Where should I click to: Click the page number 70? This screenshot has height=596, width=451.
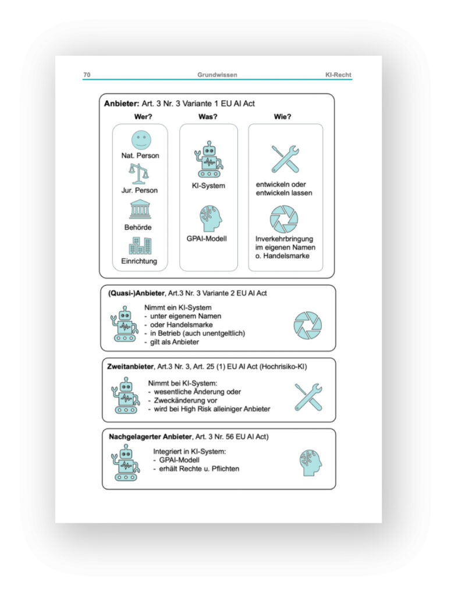pyautogui.click(x=87, y=74)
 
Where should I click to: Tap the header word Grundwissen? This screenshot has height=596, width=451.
pyautogui.click(x=217, y=74)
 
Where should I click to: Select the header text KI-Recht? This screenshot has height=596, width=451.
pyautogui.click(x=338, y=74)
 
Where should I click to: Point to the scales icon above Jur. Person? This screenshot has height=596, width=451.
pyautogui.click(x=140, y=173)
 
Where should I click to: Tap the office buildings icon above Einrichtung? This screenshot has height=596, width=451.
pyautogui.click(x=140, y=245)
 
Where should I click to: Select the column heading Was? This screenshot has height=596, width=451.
pyautogui.click(x=208, y=116)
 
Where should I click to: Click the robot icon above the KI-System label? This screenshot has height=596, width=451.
pyautogui.click(x=207, y=158)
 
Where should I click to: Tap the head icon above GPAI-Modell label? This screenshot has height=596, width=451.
pyautogui.click(x=209, y=219)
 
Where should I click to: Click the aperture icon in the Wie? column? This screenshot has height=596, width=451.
pyautogui.click(x=284, y=219)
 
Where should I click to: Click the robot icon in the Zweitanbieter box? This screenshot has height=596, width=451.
pyautogui.click(x=126, y=395)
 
